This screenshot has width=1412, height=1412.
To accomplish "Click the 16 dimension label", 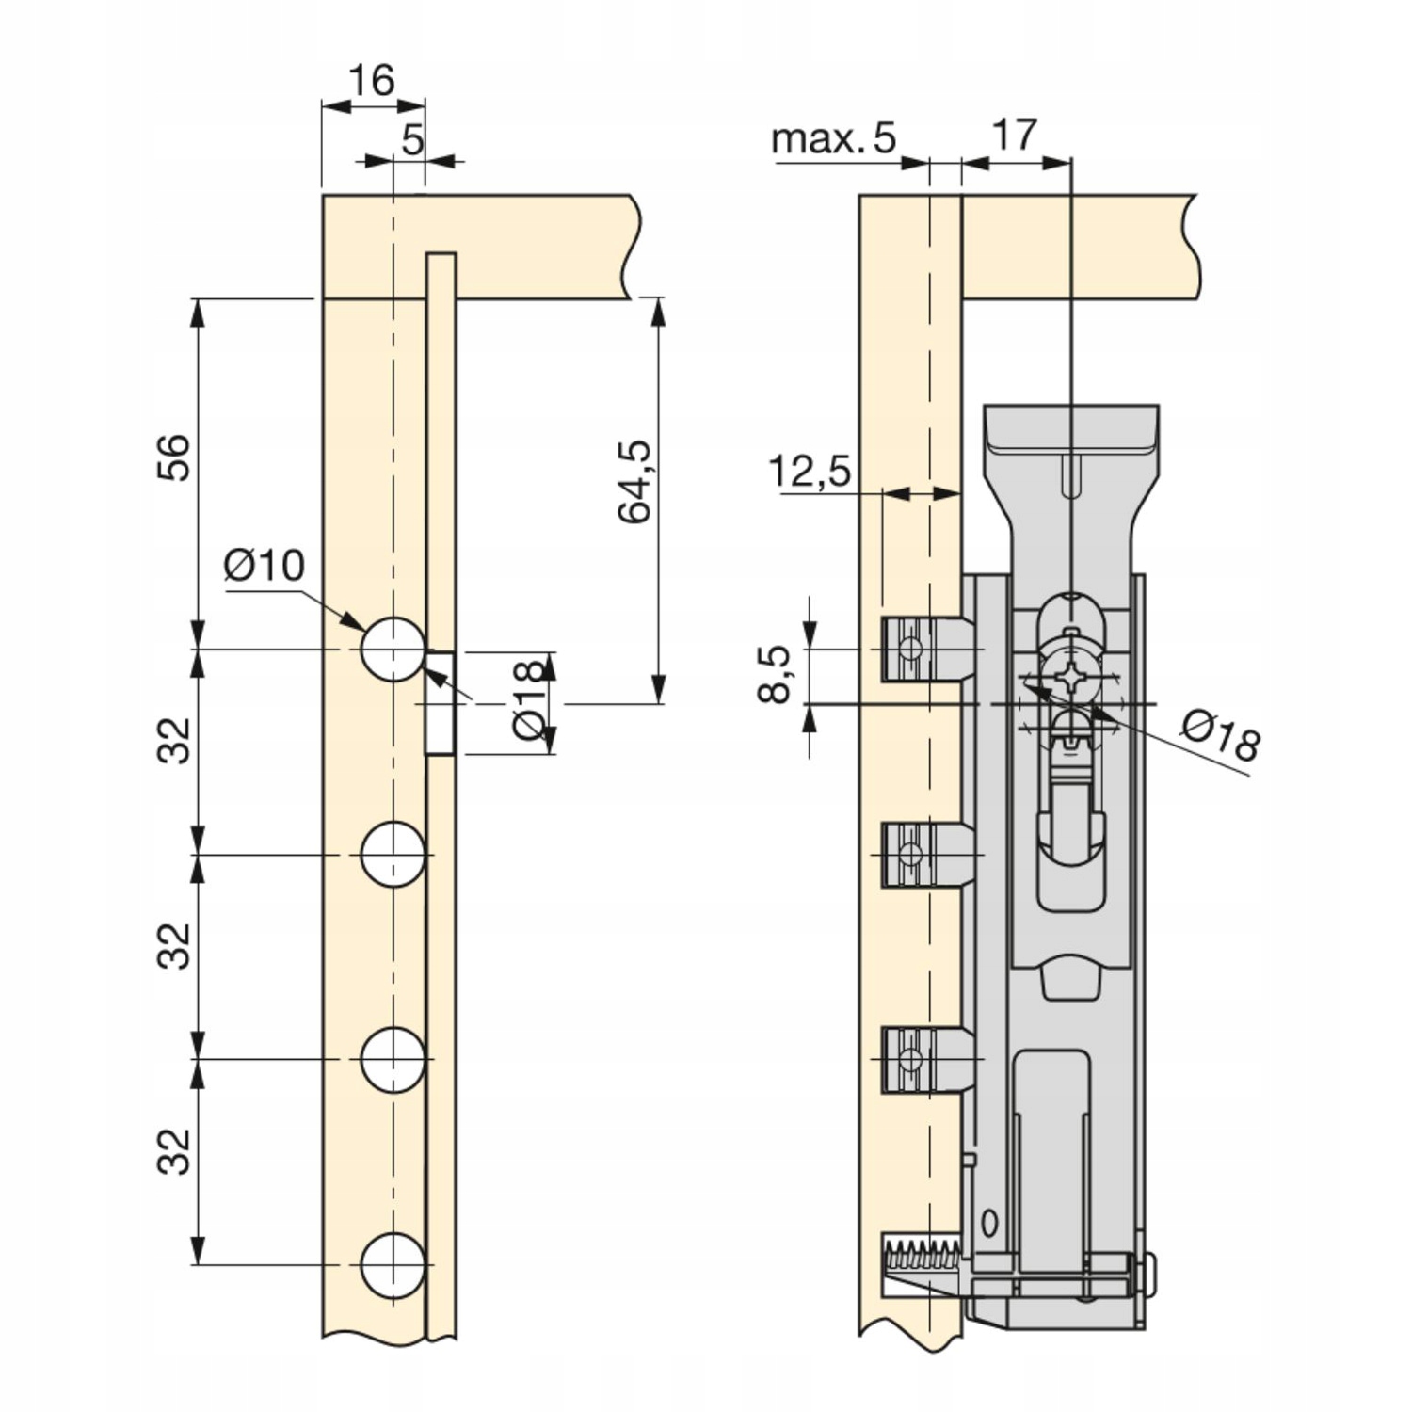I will click(371, 81).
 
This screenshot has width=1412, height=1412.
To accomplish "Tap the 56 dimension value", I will click(173, 457).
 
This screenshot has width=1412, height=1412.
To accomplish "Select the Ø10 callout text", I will click(265, 566).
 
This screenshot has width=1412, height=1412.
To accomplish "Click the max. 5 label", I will click(833, 138).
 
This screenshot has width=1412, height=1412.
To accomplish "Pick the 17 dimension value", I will click(1014, 135).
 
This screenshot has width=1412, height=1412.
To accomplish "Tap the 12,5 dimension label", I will click(810, 471).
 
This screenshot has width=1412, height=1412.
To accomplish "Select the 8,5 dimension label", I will click(774, 674).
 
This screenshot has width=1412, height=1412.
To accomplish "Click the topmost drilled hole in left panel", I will click(392, 650).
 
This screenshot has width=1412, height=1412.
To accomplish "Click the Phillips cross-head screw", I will click(1070, 678).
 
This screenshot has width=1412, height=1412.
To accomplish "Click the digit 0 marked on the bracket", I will click(988, 1224).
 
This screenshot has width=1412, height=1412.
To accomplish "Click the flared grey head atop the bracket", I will click(1070, 442).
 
